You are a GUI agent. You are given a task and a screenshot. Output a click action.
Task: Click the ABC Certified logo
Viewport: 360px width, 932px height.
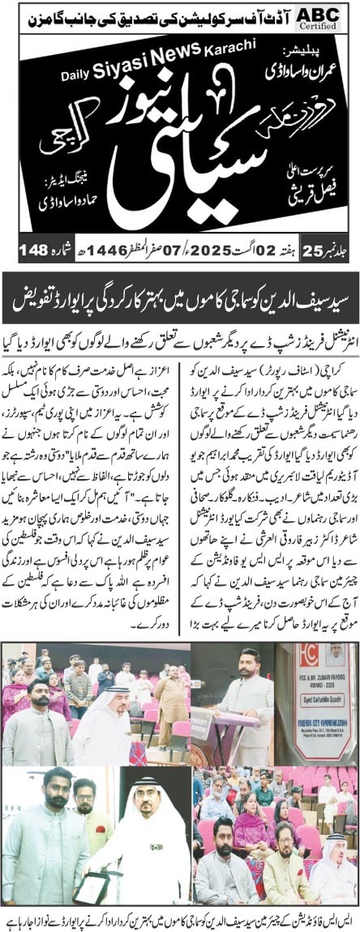pyautogui.click(x=332, y=16)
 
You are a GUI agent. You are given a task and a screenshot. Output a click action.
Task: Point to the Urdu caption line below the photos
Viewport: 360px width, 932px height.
pyautogui.click(x=180, y=915)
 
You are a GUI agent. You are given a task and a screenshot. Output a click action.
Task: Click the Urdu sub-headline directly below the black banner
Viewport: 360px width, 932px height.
pyautogui.click(x=180, y=321)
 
